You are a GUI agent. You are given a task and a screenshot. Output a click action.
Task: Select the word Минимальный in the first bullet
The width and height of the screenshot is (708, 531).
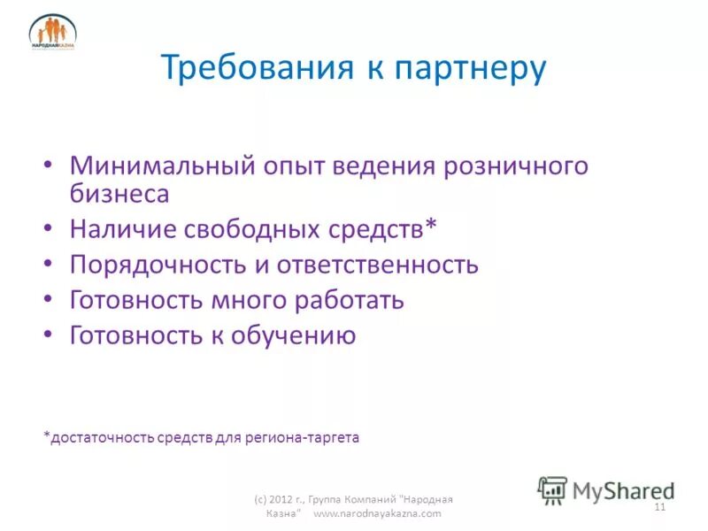[164, 165]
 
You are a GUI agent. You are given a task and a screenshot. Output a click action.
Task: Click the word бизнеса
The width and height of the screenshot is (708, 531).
[119, 193]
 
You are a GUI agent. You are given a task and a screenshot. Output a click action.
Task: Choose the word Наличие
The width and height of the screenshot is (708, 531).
[123, 229]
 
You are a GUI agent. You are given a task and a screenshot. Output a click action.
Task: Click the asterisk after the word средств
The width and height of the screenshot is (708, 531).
[431, 227]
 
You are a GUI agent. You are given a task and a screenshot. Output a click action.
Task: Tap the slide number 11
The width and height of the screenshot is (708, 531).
[658, 507]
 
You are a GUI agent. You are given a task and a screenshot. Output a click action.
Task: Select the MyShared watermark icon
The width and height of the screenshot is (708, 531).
[552, 489]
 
